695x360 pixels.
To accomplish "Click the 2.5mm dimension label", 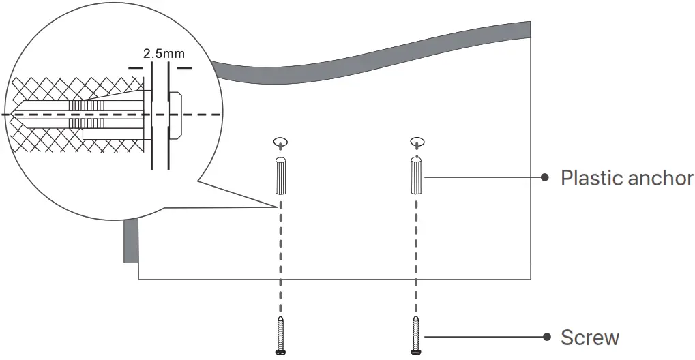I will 164,52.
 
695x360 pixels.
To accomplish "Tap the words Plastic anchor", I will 626,178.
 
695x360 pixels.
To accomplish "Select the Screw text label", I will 590,337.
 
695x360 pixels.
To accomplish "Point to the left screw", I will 280,335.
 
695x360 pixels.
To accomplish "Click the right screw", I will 416,335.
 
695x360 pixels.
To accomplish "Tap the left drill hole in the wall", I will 280,142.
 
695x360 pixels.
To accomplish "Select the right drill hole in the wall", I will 417,142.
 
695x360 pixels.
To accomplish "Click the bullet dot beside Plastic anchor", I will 545,177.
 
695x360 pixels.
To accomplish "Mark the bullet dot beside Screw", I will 545,337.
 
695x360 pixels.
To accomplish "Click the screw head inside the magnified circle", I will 175,114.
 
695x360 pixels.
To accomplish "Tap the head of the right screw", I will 416,352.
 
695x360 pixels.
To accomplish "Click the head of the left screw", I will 280,352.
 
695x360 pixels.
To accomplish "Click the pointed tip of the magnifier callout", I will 278,205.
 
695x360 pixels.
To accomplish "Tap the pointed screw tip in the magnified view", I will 18,115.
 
